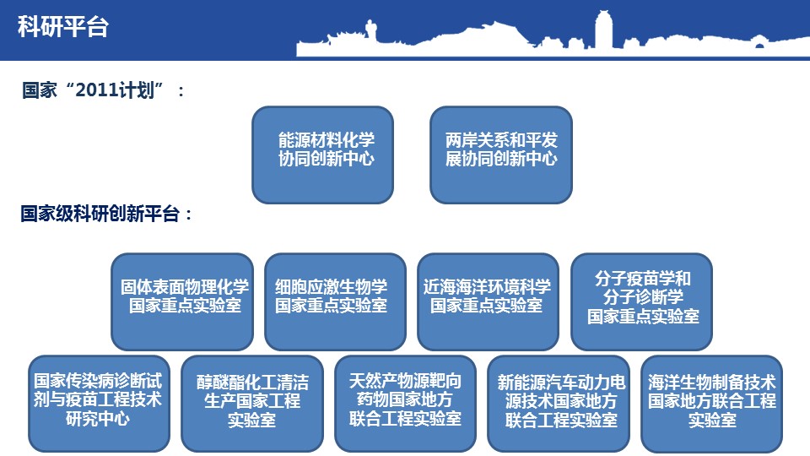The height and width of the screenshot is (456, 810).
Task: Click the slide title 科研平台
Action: pos(63,26)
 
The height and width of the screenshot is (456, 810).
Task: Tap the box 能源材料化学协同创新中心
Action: pos(323,155)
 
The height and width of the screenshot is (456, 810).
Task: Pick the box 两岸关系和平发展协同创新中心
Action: pos(501,155)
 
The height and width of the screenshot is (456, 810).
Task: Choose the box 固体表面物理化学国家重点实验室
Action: pos(182,301)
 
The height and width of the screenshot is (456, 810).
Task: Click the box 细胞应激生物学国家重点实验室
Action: pos(335,301)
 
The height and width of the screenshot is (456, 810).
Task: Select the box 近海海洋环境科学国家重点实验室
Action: pos(489,301)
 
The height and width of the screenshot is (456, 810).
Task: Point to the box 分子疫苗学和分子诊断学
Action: pos(641,301)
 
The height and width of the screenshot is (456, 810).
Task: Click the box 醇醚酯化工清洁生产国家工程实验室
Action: pos(252,404)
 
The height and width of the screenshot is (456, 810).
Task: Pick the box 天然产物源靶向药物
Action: pos(406,404)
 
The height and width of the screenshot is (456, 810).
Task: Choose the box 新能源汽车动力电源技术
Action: pos(559,404)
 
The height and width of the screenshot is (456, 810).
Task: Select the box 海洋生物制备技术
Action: pos(712,404)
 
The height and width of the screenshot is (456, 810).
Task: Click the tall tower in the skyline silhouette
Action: pos(602,30)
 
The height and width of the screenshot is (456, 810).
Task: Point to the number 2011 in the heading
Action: pos(97,90)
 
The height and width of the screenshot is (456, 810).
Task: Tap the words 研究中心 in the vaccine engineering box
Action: pos(98,418)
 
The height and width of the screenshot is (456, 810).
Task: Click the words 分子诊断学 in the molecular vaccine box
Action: pos(643,296)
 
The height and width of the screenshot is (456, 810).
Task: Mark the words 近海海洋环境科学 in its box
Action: pos(487,286)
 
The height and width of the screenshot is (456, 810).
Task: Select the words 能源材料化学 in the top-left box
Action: pos(326,139)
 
